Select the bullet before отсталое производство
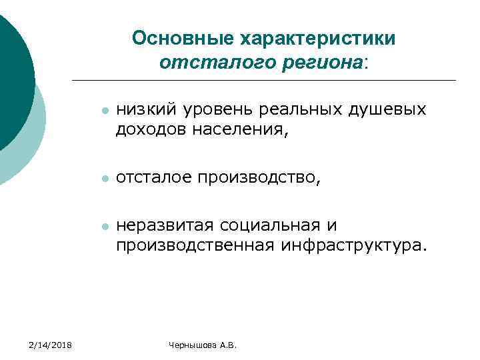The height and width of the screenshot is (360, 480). click(103, 179)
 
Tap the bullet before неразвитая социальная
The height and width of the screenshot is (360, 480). click(103, 227)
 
